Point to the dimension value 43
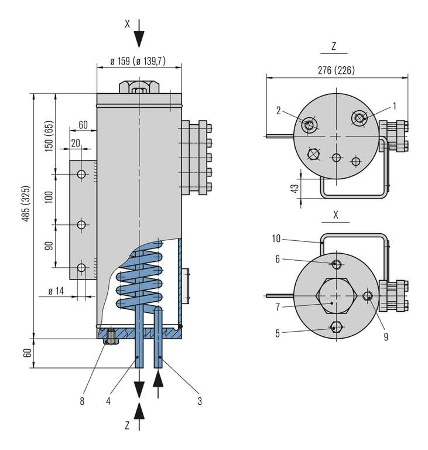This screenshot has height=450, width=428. [x=295, y=188]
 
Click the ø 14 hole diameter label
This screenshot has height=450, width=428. [x=56, y=291]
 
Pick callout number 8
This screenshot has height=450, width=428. [x=83, y=401]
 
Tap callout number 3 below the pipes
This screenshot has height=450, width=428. [x=200, y=401]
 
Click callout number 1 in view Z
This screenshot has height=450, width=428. [x=394, y=105]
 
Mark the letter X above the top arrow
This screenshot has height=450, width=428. [x=127, y=24]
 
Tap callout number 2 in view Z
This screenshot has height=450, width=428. [x=280, y=109]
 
